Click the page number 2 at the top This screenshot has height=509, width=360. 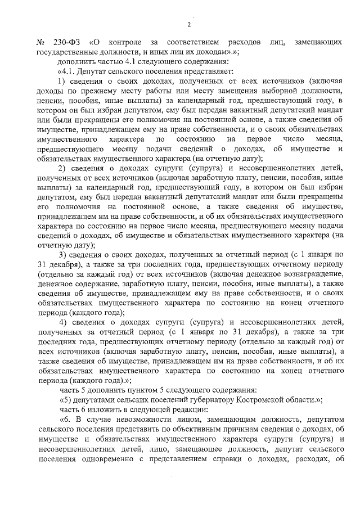click(189, 24)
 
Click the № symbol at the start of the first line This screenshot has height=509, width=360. click(40, 43)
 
